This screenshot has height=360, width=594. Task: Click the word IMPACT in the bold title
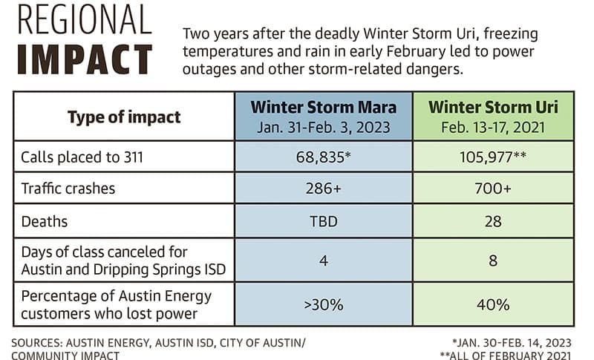coord(85,59)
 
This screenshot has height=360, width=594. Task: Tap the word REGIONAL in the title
coord(85,20)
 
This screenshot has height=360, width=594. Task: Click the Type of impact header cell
coord(124,117)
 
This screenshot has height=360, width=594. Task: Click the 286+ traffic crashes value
coord(324,188)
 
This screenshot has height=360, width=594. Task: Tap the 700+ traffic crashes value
coord(493,188)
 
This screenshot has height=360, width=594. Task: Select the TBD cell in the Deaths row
coord(324,221)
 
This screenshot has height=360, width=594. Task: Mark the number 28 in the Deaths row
coord(493,221)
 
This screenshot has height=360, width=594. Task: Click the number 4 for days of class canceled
coord(324,261)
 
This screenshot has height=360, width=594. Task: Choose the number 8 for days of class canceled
coord(493,261)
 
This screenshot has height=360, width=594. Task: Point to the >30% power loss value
coord(324,305)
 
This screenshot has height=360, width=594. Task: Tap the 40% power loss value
coord(493,305)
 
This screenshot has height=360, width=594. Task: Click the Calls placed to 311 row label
coord(82,157)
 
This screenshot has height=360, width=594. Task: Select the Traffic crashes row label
coord(68,189)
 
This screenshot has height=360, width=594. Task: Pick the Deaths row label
coord(45,221)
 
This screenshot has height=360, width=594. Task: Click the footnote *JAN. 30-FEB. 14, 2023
coord(512,343)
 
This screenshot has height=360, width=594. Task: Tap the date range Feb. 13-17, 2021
coord(493,127)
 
